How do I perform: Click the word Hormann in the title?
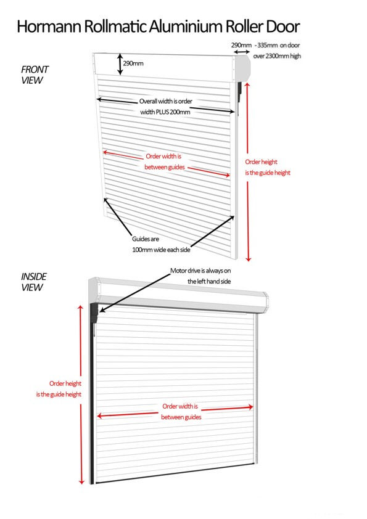coord(49,27)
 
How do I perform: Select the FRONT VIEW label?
coord(35,75)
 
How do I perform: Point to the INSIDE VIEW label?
coord(33,282)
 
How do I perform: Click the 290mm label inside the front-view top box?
coord(133,63)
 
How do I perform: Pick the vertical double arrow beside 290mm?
coord(120,64)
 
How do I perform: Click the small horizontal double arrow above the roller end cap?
coord(242,52)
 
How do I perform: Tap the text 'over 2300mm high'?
coord(277,56)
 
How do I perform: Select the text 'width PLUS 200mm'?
coord(165,112)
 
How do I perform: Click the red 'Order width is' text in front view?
coord(163,156)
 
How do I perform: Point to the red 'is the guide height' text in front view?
coord(268,173)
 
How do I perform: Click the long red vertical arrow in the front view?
coord(248,172)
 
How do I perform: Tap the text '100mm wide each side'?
coord(161,250)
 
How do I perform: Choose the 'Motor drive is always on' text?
coord(200,271)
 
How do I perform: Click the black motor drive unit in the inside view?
coord(94,313)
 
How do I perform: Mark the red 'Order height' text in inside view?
coord(65,383)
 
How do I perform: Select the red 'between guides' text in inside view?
coord(181,417)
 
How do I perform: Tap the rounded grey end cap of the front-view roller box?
coord(244,68)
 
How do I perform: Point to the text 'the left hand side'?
coord(209,281)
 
